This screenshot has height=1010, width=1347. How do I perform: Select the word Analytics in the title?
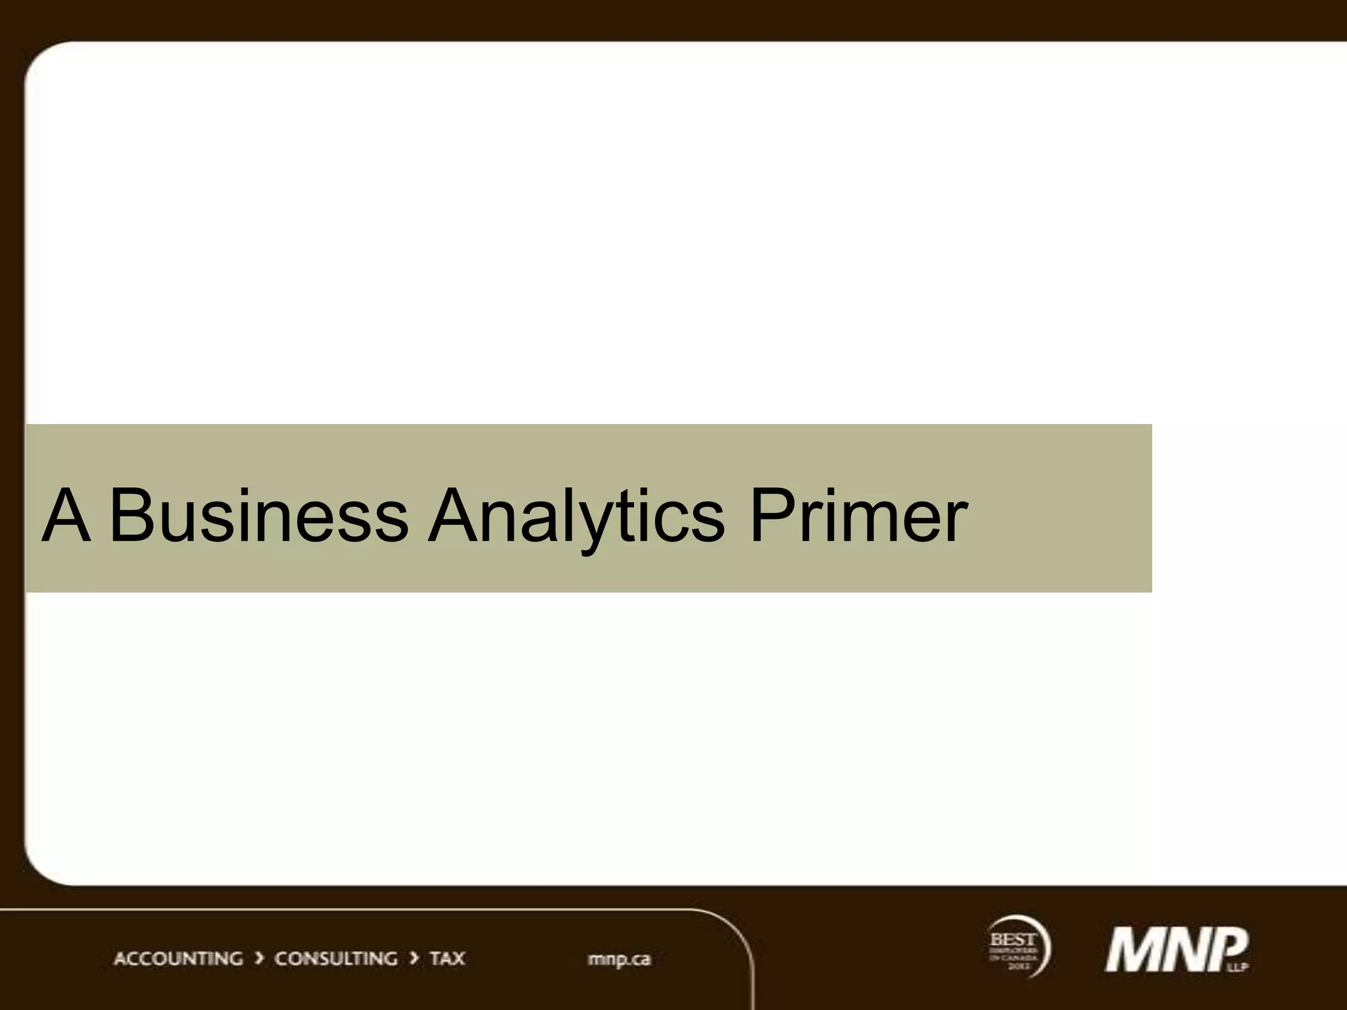(576, 516)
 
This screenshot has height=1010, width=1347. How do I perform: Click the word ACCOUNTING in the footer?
(178, 958)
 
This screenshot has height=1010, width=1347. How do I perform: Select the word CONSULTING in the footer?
(335, 958)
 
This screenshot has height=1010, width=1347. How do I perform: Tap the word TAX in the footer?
(447, 958)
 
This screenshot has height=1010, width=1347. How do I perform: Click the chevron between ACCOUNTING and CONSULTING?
(259, 958)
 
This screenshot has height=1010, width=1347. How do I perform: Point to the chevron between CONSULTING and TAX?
(414, 958)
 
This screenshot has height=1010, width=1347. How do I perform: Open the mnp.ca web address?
(619, 959)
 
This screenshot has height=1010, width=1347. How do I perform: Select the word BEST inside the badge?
(1013, 940)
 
